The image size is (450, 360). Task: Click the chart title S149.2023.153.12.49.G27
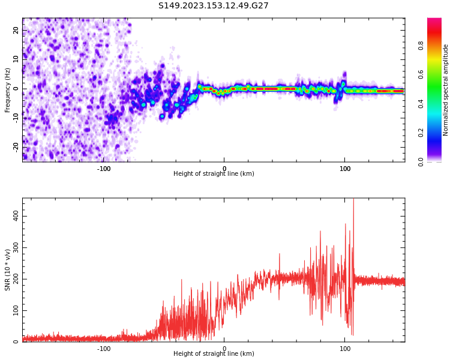(x=213, y=6)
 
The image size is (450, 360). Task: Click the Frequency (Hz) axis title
(x=8, y=90)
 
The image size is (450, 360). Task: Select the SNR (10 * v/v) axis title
(x=8, y=270)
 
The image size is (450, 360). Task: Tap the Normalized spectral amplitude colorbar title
(x=446, y=90)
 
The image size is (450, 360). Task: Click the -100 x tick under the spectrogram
(x=104, y=169)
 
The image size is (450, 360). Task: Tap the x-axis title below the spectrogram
(x=214, y=174)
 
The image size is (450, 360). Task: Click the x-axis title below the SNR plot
(x=214, y=354)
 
